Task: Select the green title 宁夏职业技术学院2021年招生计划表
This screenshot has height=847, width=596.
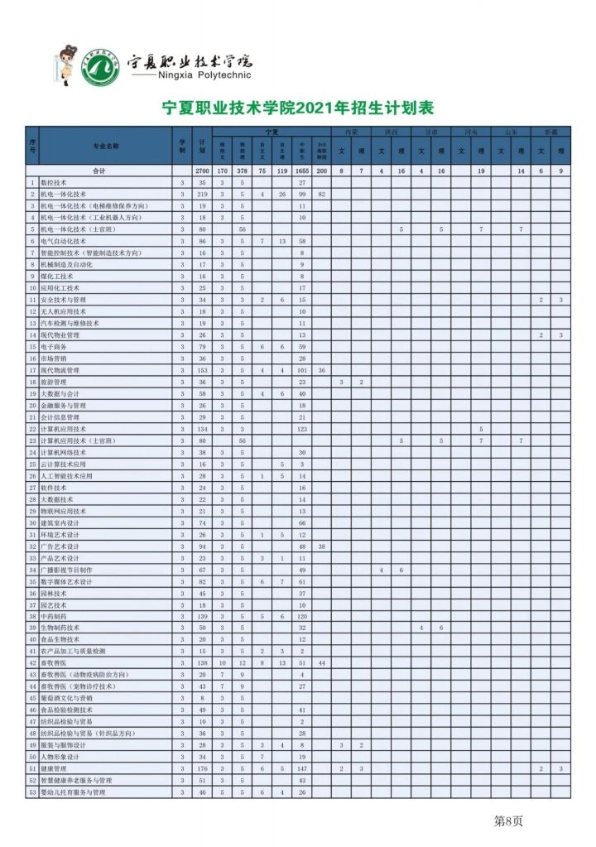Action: tap(297, 108)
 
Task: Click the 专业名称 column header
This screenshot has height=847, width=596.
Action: tap(106, 146)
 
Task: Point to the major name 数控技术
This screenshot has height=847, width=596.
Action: tap(59, 181)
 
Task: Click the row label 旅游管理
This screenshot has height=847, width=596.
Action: tap(59, 383)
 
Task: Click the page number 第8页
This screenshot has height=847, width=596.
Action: tap(507, 821)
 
